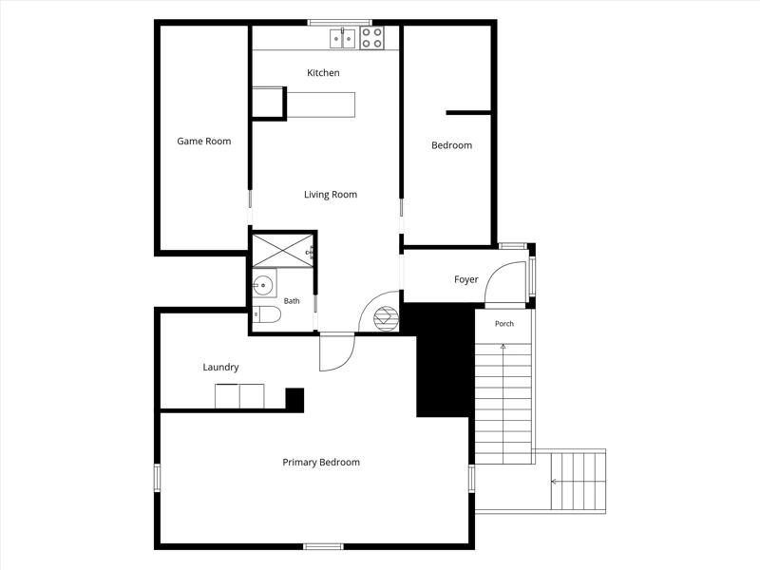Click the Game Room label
(204, 141)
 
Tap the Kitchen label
(323, 73)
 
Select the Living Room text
(331, 195)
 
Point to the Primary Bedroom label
(321, 462)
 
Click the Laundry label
(220, 367)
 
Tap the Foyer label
(466, 279)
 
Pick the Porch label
(504, 323)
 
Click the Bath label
(292, 301)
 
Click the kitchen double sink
(343, 39)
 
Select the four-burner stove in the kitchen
(371, 38)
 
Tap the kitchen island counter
(321, 104)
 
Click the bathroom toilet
(267, 314)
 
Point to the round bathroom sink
(264, 285)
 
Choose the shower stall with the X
(283, 251)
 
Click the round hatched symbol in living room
(386, 318)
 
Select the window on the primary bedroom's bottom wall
(323, 547)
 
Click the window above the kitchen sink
(340, 22)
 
